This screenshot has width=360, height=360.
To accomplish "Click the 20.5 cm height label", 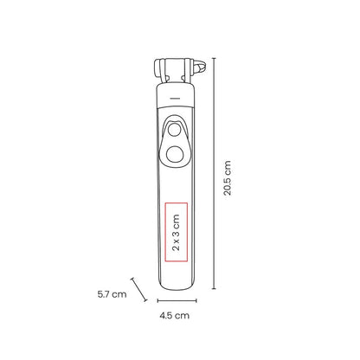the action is click(x=228, y=178).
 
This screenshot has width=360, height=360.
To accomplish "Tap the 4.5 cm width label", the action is click(x=175, y=315).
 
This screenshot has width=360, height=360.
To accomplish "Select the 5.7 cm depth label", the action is click(x=112, y=294).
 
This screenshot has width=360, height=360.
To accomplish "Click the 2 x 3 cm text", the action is click(x=176, y=233).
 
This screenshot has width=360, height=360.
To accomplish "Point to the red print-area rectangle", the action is click(x=165, y=233).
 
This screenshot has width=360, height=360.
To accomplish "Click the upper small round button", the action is click(x=174, y=130).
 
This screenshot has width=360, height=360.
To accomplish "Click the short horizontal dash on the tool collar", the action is click(x=175, y=98).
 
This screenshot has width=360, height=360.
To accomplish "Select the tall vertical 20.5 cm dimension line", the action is click(x=214, y=173).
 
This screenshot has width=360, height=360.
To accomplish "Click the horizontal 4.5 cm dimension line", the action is click(x=177, y=300).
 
